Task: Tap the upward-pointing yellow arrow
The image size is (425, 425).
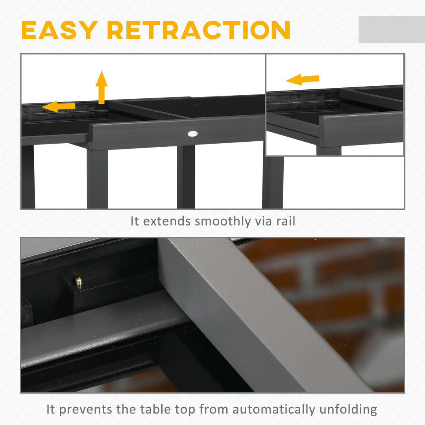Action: [102, 87]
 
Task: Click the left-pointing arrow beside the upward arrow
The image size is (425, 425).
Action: [59, 106]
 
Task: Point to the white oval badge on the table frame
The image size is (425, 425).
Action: [192, 134]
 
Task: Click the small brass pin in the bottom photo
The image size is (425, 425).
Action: [79, 281]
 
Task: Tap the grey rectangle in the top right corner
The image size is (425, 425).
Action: [391, 30]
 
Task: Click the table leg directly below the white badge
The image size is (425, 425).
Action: [186, 177]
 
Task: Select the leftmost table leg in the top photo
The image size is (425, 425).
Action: [28, 177]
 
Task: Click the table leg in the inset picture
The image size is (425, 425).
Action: [329, 151]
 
